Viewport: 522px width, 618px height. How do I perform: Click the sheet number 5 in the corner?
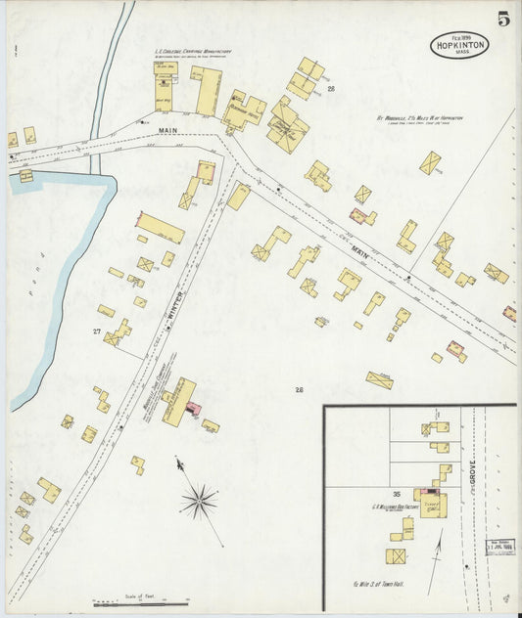(501, 18)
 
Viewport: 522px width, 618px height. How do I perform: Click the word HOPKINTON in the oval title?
(459, 44)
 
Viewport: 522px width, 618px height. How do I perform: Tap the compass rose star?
(199, 502)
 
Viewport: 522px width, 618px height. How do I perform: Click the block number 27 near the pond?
(97, 332)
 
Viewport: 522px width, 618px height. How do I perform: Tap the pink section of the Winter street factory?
(193, 404)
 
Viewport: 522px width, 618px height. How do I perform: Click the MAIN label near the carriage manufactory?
(165, 129)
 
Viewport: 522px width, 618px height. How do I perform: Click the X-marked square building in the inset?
(397, 556)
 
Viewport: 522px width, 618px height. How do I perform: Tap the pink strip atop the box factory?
(428, 492)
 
